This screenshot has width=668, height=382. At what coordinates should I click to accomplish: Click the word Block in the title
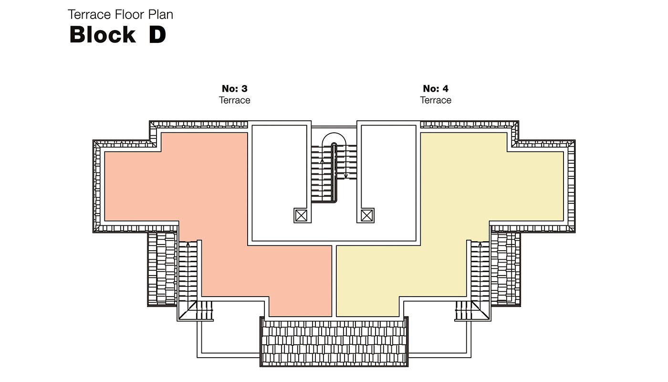click(103, 34)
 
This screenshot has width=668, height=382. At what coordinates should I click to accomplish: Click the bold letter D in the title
click(157, 34)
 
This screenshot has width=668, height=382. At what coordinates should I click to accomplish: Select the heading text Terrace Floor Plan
click(120, 15)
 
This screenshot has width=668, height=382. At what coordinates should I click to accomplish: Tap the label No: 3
click(235, 89)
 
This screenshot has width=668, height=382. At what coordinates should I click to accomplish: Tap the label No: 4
click(436, 89)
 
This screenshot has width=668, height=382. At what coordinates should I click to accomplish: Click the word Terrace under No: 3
click(235, 100)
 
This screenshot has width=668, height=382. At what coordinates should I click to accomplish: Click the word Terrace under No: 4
click(436, 100)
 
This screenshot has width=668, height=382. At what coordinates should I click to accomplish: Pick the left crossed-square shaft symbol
click(301, 215)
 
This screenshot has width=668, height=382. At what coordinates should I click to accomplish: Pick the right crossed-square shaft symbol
click(366, 215)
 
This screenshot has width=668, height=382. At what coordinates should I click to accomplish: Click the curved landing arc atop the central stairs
click(334, 133)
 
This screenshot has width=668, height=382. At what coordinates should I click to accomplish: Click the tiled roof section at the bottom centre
click(334, 343)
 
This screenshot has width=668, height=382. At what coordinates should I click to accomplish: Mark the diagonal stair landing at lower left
click(188, 310)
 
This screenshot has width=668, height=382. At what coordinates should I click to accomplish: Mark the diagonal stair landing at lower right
click(480, 310)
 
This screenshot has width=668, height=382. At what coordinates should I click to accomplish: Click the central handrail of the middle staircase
click(334, 173)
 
